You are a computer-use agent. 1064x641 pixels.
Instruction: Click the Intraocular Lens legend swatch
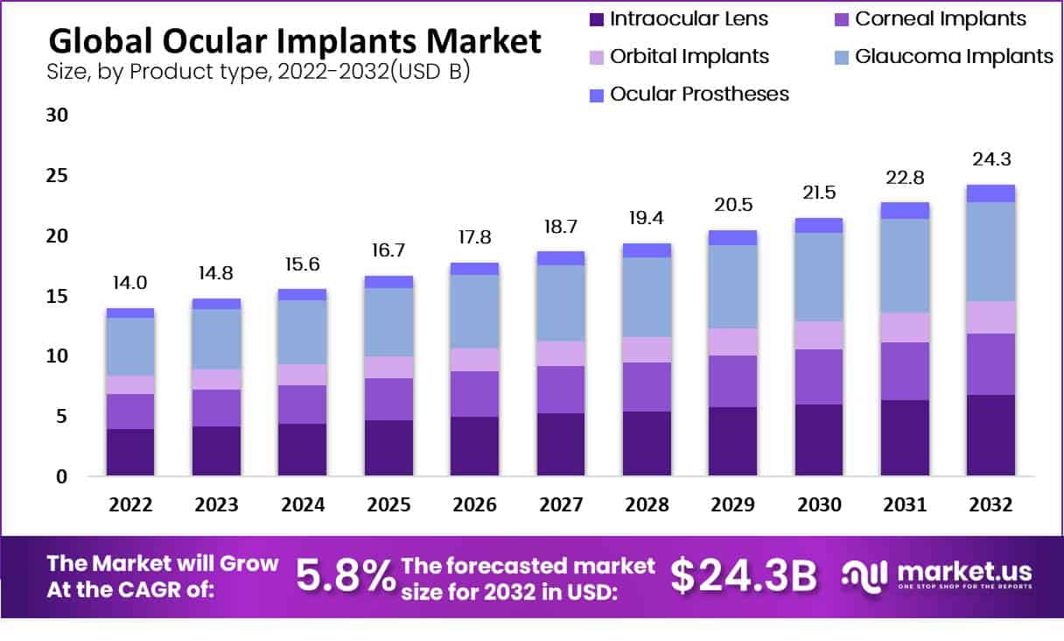point(598,18)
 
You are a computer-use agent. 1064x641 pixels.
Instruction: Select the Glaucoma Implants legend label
point(955,57)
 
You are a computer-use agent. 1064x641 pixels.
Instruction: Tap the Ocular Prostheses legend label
point(699,95)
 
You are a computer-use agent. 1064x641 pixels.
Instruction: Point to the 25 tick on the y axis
point(56,175)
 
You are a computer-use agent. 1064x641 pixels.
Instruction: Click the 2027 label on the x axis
point(561,505)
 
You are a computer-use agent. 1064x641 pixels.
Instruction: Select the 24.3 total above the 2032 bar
point(990,160)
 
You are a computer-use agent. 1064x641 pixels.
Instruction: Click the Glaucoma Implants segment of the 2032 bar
point(990,252)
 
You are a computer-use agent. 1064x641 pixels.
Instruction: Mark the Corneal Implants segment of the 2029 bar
point(732,382)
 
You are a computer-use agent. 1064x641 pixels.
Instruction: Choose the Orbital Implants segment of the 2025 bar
point(389,368)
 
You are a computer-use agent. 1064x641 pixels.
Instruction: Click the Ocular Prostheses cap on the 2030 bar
point(818,226)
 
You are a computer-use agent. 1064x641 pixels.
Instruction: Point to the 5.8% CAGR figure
point(346,575)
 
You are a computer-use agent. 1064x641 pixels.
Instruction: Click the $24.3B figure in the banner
point(744,575)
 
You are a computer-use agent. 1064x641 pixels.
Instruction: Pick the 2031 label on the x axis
point(905,505)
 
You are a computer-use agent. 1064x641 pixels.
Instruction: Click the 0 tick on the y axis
point(61,477)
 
